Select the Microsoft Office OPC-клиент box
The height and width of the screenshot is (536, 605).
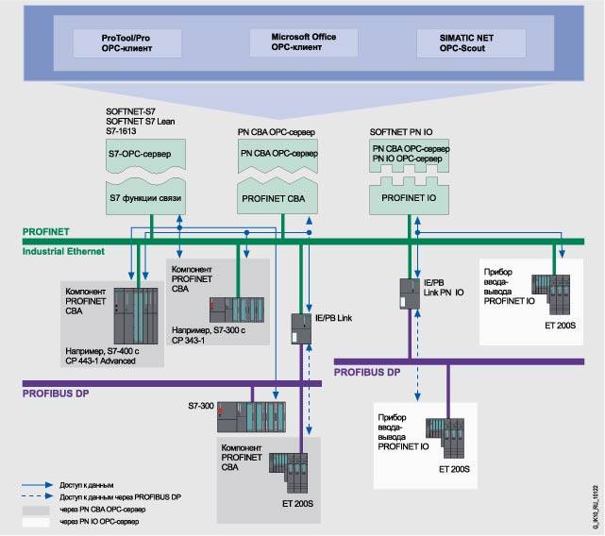292,42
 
